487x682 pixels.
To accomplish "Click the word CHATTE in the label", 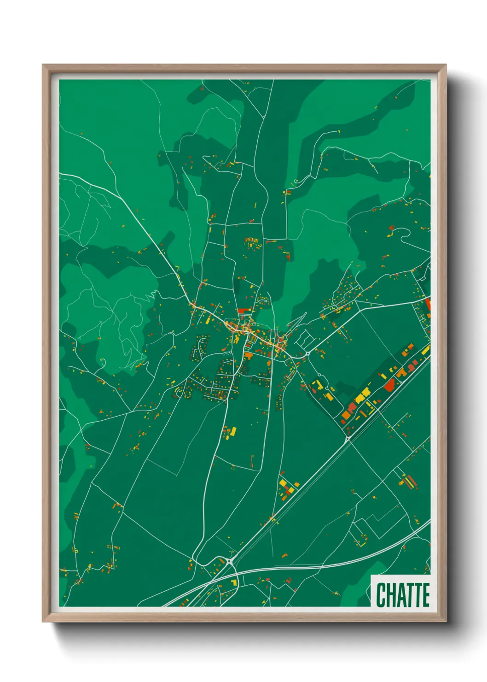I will pos(403,594).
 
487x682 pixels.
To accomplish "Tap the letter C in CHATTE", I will pos(381,594).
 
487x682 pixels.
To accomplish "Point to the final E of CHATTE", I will pos(425,594).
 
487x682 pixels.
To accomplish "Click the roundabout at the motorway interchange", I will pos(229,561).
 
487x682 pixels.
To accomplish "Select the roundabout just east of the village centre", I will pos(307,353).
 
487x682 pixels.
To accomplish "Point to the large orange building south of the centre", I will pos(249,355).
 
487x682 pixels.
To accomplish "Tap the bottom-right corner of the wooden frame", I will pos(445,621).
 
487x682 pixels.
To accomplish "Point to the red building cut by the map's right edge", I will pos(428,304).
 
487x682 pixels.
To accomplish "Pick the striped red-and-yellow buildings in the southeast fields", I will pos(408,482).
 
